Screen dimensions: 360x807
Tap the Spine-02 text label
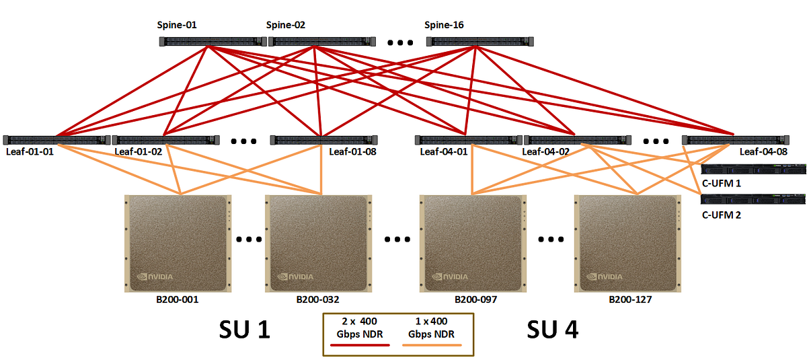(285, 26)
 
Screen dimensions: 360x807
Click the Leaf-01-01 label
(30, 151)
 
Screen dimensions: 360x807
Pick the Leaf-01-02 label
(139, 151)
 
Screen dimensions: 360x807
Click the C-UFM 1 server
(753, 169)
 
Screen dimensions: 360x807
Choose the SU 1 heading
(245, 330)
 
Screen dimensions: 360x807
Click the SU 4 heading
(552, 330)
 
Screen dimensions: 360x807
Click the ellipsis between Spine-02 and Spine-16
(400, 43)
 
